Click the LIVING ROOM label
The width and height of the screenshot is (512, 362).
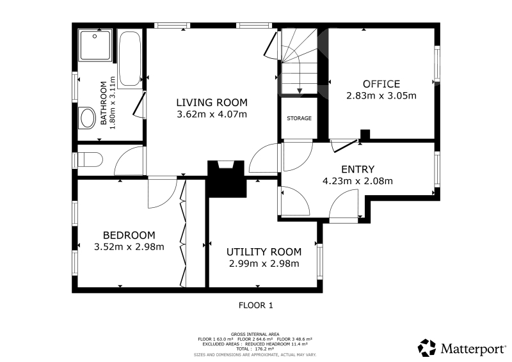coord(212,102)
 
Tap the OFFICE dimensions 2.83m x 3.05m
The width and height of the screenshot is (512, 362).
coord(381,96)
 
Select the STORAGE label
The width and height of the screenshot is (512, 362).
coord(299,118)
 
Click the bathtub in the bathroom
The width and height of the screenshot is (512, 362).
coord(130,59)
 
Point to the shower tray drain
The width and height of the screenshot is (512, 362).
coord(95,36)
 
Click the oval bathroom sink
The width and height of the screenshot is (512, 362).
coord(87,118)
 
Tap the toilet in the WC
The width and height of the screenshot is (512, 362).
coord(90,160)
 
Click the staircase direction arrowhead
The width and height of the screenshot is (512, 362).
coord(300,91)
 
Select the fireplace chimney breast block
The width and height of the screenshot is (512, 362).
coord(227,179)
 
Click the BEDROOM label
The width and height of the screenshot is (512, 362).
coord(129,235)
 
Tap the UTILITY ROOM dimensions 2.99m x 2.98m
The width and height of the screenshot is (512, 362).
coord(264,264)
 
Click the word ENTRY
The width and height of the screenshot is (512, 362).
coord(358,169)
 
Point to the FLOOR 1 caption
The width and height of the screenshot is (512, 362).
coord(255,305)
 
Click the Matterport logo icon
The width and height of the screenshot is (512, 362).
coord(427,348)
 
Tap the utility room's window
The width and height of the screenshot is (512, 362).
coord(319,261)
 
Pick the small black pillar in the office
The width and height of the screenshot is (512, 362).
coord(365,135)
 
